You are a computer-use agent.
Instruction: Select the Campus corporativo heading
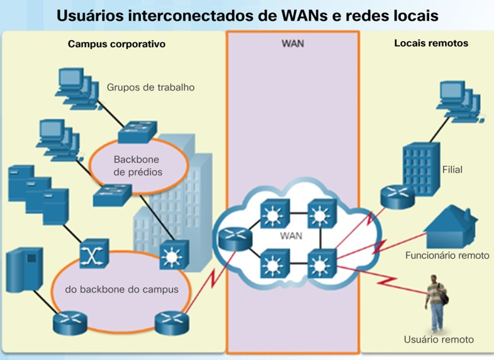point(116,45)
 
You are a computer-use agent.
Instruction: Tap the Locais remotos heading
point(431,44)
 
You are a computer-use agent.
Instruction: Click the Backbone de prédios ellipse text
point(138,166)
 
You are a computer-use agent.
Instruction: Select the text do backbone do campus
point(121,290)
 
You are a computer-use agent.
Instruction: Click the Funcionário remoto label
point(447,256)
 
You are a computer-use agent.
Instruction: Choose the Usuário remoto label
point(438,340)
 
